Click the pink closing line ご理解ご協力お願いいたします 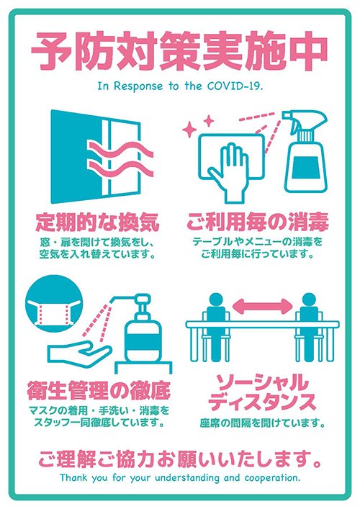tap(179, 457)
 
